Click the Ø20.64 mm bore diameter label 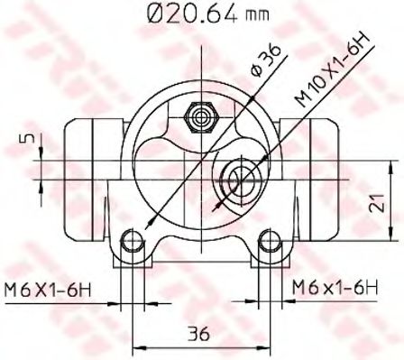pos(207,14)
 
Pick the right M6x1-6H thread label pos(335,288)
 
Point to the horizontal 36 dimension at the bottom pos(198,334)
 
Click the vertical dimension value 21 pos(376,203)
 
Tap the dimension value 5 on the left pos(28,138)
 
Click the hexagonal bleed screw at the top pos(200,117)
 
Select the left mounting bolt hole pos(132,240)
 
